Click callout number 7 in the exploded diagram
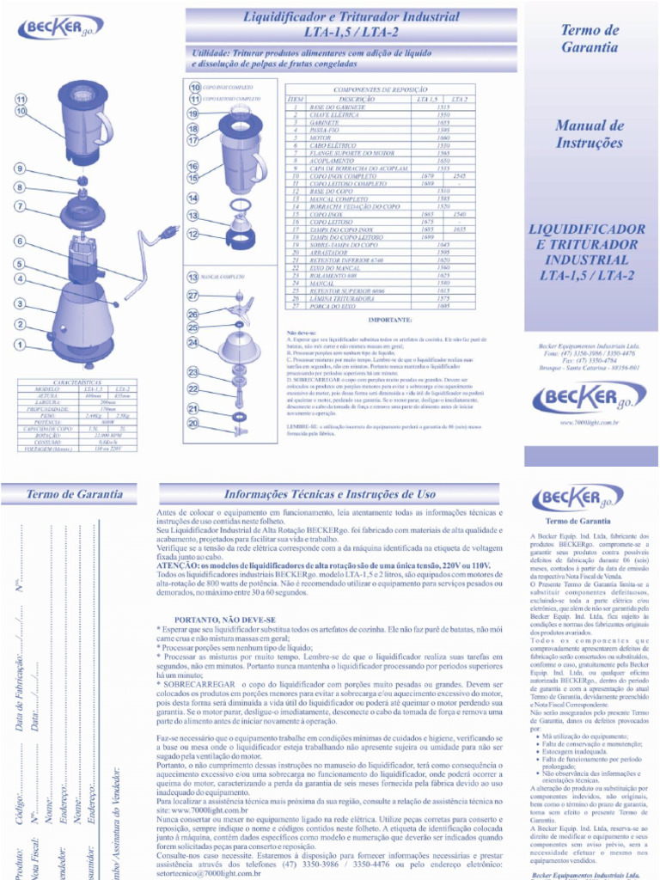[19, 206]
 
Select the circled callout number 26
[193, 315]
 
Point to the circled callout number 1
[19, 345]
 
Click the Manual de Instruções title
[589, 135]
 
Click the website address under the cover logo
[589, 423]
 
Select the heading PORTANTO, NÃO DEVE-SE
[225, 619]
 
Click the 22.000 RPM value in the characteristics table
[107, 437]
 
